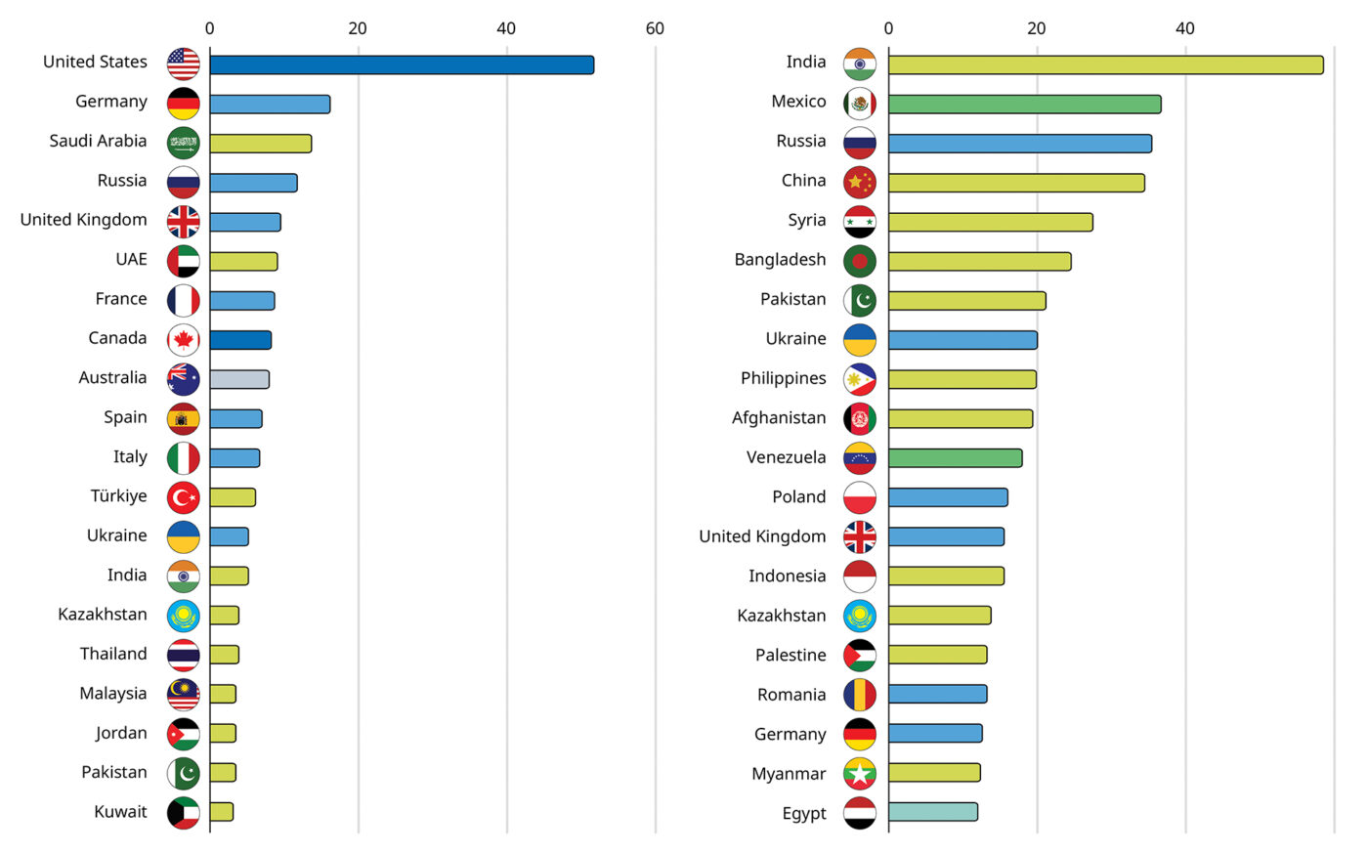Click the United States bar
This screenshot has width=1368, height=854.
pos(401,65)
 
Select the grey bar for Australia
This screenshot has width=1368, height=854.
pos(239,379)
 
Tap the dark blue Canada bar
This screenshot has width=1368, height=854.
pos(240,340)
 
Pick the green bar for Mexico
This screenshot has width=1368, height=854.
pos(1024,105)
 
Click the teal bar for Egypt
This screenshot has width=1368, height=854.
pos(932,812)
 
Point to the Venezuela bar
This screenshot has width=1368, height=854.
pos(955,458)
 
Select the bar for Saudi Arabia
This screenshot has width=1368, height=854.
pos(260,144)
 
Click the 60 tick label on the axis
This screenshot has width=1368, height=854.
pos(655,28)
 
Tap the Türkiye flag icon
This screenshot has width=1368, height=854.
pos(183,497)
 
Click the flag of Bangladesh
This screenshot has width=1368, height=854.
pos(860,261)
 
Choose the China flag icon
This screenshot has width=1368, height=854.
pos(860,182)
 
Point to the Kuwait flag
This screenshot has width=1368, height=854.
pos(183,812)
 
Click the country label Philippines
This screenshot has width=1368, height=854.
pos(783,378)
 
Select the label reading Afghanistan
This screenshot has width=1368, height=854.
pos(779,418)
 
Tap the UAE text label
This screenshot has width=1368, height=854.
pos(131,259)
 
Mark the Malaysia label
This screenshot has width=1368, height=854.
pos(113,694)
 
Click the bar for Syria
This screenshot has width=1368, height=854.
pos(990,222)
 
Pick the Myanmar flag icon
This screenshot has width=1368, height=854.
pos(860,773)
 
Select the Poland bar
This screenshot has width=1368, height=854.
pos(948,497)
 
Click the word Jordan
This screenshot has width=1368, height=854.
pos(121,733)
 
